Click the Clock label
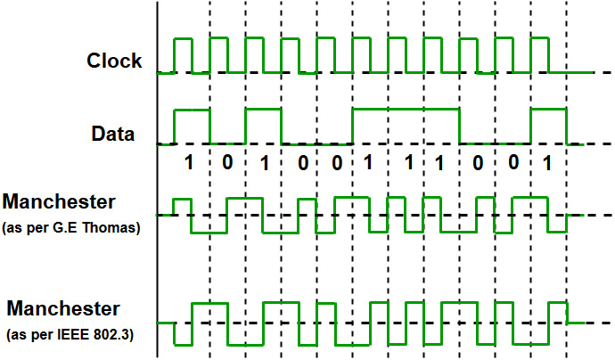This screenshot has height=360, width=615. coord(114,61)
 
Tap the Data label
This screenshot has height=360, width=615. coord(113,135)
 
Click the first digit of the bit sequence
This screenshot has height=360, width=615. coord(188,164)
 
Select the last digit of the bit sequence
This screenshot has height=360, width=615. coord(547,164)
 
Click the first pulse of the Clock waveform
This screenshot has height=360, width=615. coord(183,40)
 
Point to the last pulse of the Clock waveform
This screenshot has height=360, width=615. coord(539,40)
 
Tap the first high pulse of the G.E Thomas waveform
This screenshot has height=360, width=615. coord(183,201)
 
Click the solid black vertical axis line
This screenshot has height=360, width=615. coord(157,178)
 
